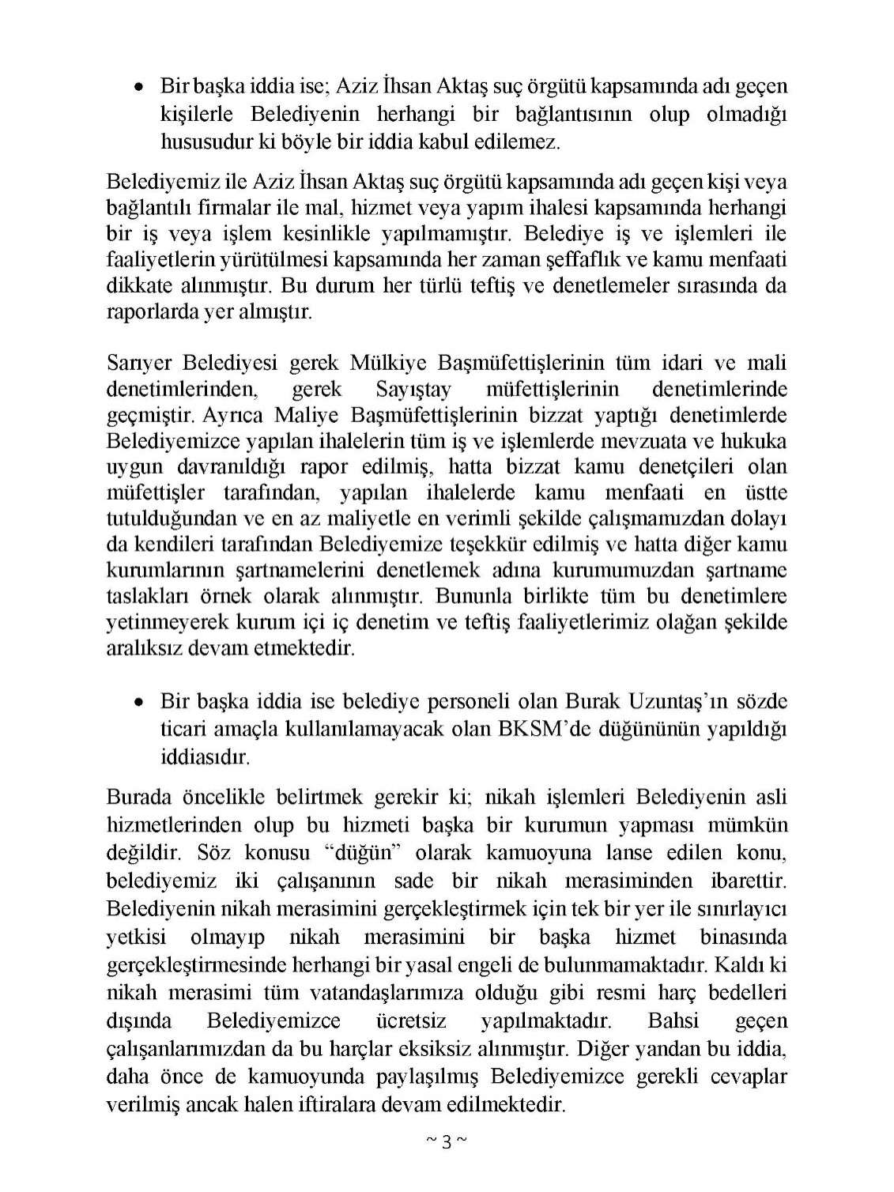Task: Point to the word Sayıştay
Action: pyautogui.click(x=403, y=390)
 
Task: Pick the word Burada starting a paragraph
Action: pyautogui.click(x=139, y=797)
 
